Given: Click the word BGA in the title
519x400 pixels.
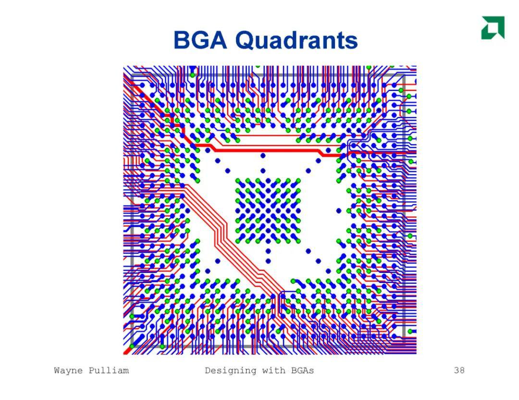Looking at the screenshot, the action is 200,40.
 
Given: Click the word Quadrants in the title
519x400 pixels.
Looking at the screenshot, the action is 297,41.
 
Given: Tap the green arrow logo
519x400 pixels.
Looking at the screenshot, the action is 493,27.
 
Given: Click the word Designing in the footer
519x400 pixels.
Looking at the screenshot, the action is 231,371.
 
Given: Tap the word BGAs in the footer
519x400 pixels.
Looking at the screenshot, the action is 303,370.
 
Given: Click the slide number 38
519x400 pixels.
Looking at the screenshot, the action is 459,370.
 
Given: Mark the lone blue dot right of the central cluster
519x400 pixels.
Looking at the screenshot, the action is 339,211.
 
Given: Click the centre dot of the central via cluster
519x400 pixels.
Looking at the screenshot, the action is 268,211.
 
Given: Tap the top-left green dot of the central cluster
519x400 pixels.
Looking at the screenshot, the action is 238,181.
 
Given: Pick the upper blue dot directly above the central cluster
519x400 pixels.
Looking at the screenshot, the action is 263,155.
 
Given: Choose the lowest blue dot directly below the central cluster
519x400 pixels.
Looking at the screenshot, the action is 268,261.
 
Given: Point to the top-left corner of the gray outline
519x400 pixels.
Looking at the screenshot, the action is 132,76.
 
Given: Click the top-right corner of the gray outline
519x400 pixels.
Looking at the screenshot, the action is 404,76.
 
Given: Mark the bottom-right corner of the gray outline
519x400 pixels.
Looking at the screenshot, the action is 404,346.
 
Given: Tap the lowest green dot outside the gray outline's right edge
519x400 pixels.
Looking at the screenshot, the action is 410,331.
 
